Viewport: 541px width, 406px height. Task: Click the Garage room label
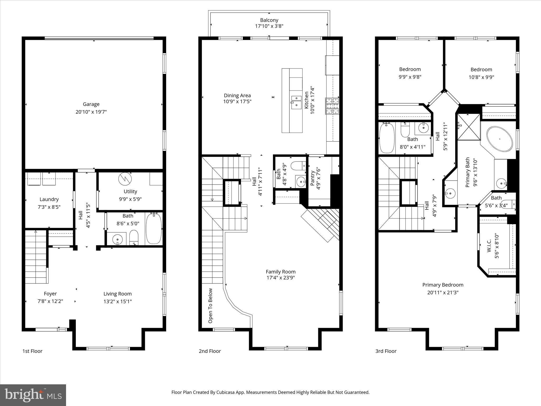91,104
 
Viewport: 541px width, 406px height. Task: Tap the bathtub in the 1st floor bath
153,229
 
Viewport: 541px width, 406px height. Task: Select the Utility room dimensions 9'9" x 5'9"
130,199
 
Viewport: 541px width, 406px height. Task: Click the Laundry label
49,199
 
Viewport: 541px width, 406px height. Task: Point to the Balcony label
269,20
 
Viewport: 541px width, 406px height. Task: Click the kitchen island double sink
296,102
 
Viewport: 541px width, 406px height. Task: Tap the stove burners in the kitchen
332,106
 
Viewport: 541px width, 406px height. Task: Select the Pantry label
312,178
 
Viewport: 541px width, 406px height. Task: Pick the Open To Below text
211,306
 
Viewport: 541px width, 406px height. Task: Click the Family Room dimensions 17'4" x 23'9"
281,278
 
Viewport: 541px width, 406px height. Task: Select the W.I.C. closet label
489,246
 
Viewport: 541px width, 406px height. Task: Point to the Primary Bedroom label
443,285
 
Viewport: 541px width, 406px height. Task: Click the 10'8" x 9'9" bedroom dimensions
481,77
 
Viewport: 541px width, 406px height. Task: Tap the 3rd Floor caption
386,351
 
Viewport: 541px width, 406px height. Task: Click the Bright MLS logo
33,395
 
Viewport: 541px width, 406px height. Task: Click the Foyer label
50,294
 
